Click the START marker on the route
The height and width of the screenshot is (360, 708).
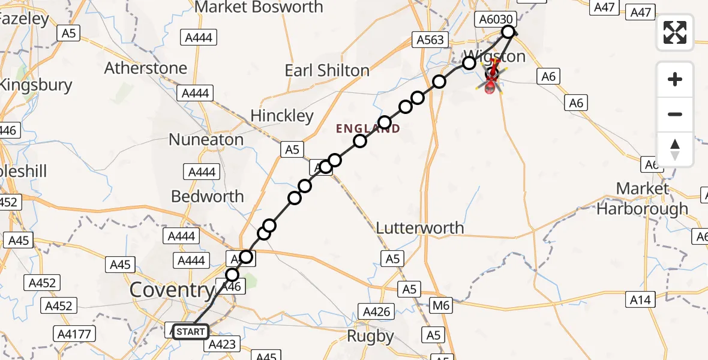(x=191, y=331)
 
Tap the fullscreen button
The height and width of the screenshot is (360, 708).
(x=675, y=32)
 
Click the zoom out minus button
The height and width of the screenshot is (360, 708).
(x=675, y=114)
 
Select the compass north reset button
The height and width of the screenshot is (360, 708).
(x=675, y=149)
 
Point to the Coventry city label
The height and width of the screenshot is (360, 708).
(x=172, y=290)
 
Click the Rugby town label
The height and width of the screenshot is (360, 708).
(x=371, y=337)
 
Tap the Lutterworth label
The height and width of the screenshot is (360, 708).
(x=420, y=228)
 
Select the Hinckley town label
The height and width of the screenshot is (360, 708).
(x=282, y=115)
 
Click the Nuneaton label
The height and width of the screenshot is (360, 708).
(x=206, y=140)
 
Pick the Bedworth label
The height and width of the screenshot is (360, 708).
(x=208, y=196)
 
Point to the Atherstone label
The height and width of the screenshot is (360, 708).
(x=146, y=68)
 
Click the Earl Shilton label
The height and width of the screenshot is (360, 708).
(x=327, y=71)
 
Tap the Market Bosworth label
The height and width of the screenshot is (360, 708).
(x=259, y=8)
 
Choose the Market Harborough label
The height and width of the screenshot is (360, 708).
(x=643, y=199)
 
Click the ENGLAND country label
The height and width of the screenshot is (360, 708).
(x=368, y=128)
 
